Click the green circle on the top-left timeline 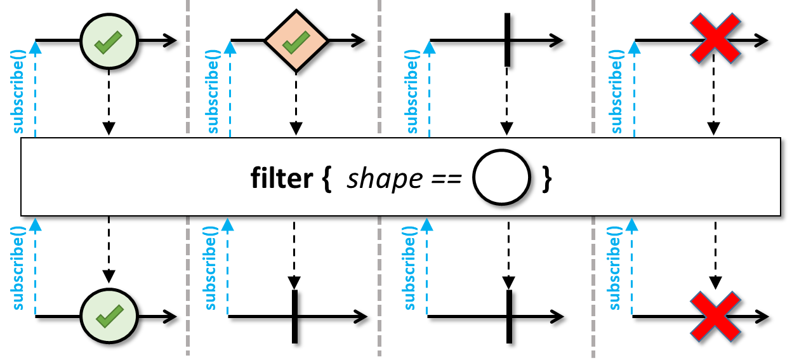109,41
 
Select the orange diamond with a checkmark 296,41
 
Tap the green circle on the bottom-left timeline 109,316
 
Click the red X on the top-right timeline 715,38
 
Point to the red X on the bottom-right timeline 715,316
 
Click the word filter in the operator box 282,178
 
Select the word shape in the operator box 385,179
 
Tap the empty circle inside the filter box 502,177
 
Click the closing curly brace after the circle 547,178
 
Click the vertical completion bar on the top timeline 508,39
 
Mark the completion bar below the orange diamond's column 295,316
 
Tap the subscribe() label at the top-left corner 18,92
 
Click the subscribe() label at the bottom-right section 614,269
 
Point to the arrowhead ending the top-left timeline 169,41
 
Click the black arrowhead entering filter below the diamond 296,129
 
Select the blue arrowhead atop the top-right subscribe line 635,48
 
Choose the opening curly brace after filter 327,178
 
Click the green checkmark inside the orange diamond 296,43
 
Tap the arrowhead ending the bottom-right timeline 762,316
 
